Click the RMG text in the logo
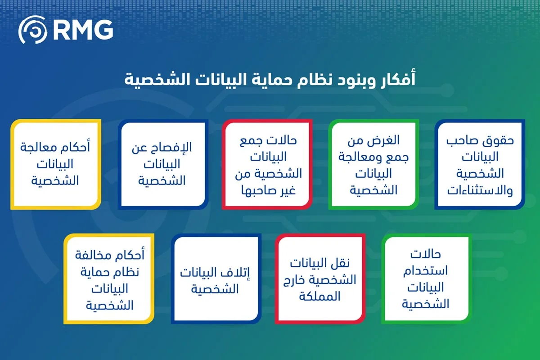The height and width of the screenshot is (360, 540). click(83, 30)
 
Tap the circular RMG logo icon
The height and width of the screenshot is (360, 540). click(32, 30)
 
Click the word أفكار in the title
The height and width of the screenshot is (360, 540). click(396, 79)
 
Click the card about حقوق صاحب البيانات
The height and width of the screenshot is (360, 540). click(480, 164)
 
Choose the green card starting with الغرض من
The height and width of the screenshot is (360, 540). click(373, 164)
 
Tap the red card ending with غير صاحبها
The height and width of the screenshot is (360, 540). click(267, 164)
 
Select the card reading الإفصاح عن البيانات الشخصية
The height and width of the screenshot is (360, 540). click(163, 164)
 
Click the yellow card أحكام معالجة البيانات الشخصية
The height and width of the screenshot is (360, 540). click(56, 164)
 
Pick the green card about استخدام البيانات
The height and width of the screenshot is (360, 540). click(427, 279)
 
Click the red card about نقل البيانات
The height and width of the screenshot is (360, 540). click(320, 279)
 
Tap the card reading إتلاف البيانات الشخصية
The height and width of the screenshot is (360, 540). click(216, 279)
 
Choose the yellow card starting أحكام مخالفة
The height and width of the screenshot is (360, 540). click(109, 279)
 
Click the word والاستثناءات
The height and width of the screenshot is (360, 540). click(480, 190)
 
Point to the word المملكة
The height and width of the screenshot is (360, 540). click(319, 296)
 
